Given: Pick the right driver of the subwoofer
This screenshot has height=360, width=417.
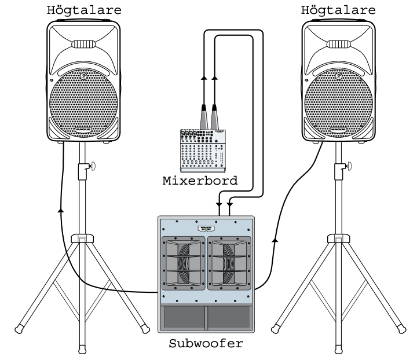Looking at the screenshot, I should click(231, 263).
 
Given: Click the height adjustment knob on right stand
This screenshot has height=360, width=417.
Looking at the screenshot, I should click(348, 167).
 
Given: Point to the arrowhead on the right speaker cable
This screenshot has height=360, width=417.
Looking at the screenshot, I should click(275, 238).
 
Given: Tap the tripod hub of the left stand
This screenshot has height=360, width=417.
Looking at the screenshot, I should click(82, 238).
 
